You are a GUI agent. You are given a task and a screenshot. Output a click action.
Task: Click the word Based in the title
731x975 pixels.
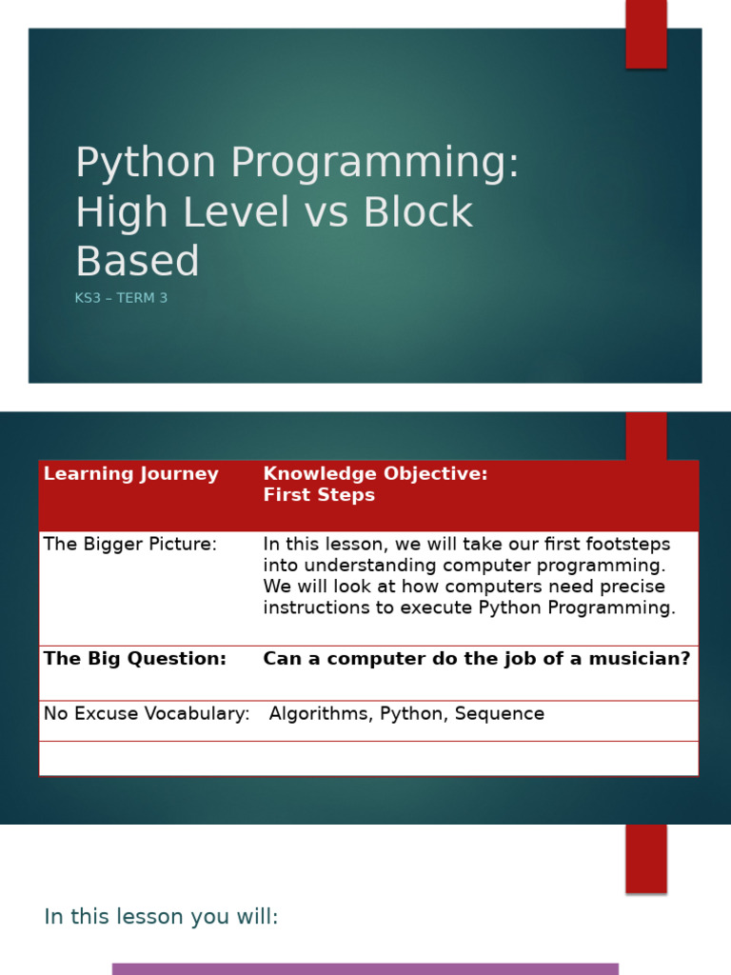pos(137,261)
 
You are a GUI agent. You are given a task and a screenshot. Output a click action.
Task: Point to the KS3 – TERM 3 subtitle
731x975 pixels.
pos(121,298)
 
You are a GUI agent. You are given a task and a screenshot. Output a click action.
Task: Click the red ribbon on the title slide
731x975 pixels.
pos(645,33)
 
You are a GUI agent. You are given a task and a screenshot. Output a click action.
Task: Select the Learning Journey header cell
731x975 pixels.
pos(131,474)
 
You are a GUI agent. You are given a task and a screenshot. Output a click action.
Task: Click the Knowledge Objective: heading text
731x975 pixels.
pos(375,474)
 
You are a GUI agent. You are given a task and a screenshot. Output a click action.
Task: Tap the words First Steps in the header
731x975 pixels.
pos(319,495)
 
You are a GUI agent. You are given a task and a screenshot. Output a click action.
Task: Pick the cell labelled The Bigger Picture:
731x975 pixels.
pos(130,545)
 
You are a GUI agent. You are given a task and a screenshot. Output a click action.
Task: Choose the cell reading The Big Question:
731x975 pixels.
pos(135,659)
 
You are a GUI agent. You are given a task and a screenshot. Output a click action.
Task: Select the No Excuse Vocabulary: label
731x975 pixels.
pos(147,714)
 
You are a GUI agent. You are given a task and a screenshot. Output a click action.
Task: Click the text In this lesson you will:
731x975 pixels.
pos(161,917)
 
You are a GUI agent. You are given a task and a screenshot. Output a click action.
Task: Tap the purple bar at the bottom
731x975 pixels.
pos(365,969)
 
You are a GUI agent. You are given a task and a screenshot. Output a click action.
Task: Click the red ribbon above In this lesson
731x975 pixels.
pos(645,858)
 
